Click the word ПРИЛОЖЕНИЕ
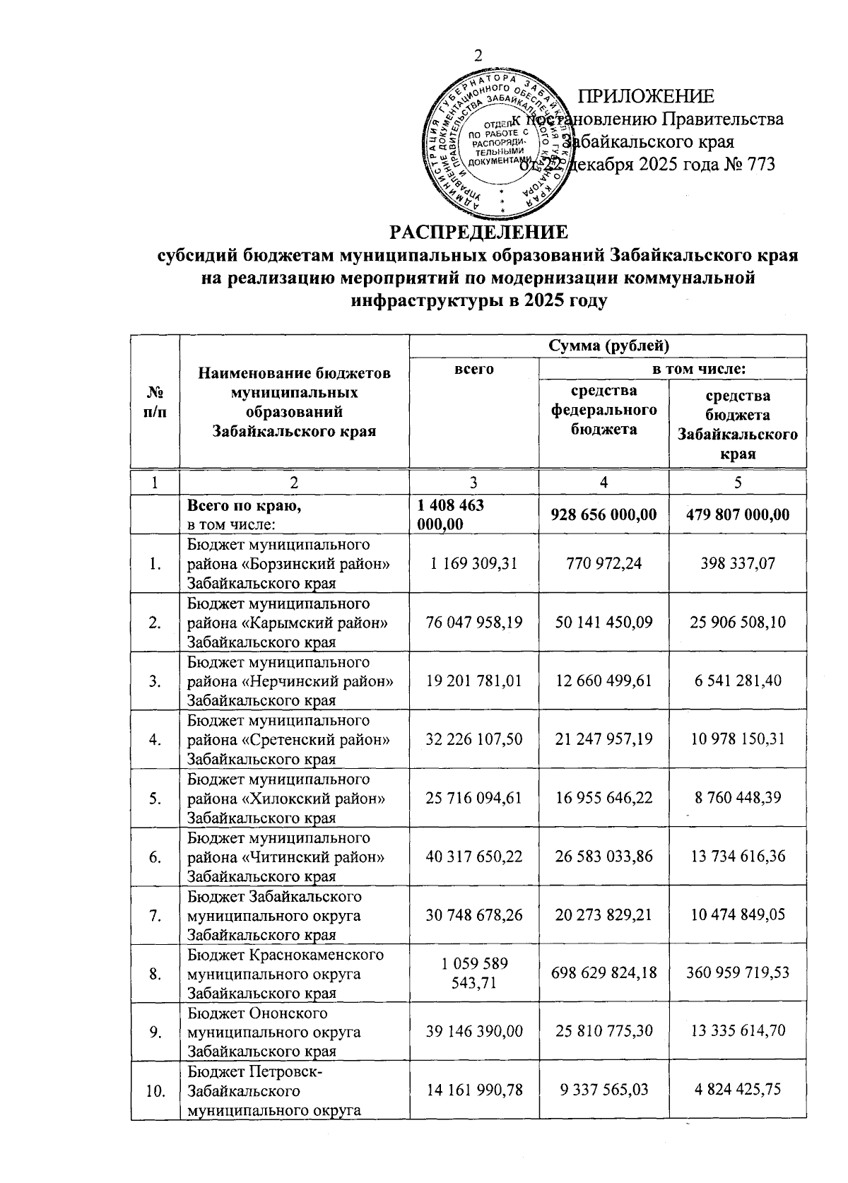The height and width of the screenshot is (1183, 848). [x=646, y=97]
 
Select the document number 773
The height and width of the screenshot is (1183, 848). [x=759, y=165]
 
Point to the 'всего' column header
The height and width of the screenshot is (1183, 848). [x=473, y=368]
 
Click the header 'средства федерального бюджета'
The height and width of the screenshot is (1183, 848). [x=603, y=410]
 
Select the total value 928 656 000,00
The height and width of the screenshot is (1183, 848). [x=603, y=514]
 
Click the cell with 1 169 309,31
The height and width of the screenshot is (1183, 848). [x=473, y=563]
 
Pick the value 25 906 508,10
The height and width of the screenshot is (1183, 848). [x=738, y=622]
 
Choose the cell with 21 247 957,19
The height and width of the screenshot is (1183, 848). [x=603, y=739]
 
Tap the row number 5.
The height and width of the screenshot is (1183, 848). [x=155, y=798]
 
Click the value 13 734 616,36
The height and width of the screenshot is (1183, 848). [x=738, y=857]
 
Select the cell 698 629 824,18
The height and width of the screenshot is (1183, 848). [x=603, y=973]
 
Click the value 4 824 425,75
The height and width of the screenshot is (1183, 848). [x=738, y=1090]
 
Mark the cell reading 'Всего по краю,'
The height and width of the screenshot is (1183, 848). [x=237, y=507]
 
